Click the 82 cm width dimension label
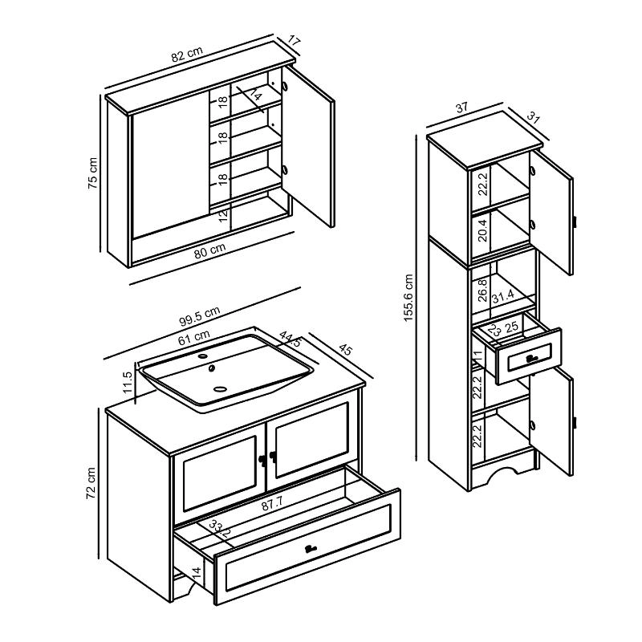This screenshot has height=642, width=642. click(187, 54)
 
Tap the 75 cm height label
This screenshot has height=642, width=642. click(93, 173)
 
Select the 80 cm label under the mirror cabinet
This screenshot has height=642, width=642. click(209, 250)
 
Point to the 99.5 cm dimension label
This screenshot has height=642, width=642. click(200, 316)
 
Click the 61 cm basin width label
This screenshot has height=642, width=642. click(193, 337)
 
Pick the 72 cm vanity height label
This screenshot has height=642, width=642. click(91, 483)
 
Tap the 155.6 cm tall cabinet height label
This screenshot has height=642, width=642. click(408, 298)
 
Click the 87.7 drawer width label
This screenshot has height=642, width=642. click(272, 504)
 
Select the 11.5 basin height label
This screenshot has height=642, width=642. click(128, 382)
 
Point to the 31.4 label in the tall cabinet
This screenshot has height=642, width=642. click(503, 295)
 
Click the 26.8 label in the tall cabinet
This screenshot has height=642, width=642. click(483, 291)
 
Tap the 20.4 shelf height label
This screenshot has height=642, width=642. click(483, 230)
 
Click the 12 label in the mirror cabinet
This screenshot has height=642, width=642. click(223, 215)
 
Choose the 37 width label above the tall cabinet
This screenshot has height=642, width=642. click(461, 108)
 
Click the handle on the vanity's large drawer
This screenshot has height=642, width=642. click(311, 549)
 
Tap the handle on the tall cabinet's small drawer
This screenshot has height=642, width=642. click(531, 359)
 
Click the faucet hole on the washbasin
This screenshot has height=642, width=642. click(203, 356)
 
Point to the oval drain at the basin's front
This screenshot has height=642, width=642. click(220, 388)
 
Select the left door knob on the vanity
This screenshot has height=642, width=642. click(261, 459)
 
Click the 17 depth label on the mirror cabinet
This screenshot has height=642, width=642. click(295, 42)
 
